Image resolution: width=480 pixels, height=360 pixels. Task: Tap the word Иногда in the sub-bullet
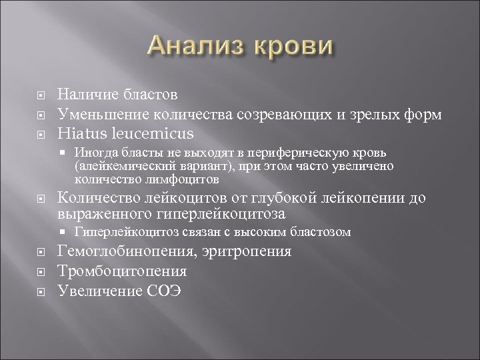(x=94, y=153)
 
